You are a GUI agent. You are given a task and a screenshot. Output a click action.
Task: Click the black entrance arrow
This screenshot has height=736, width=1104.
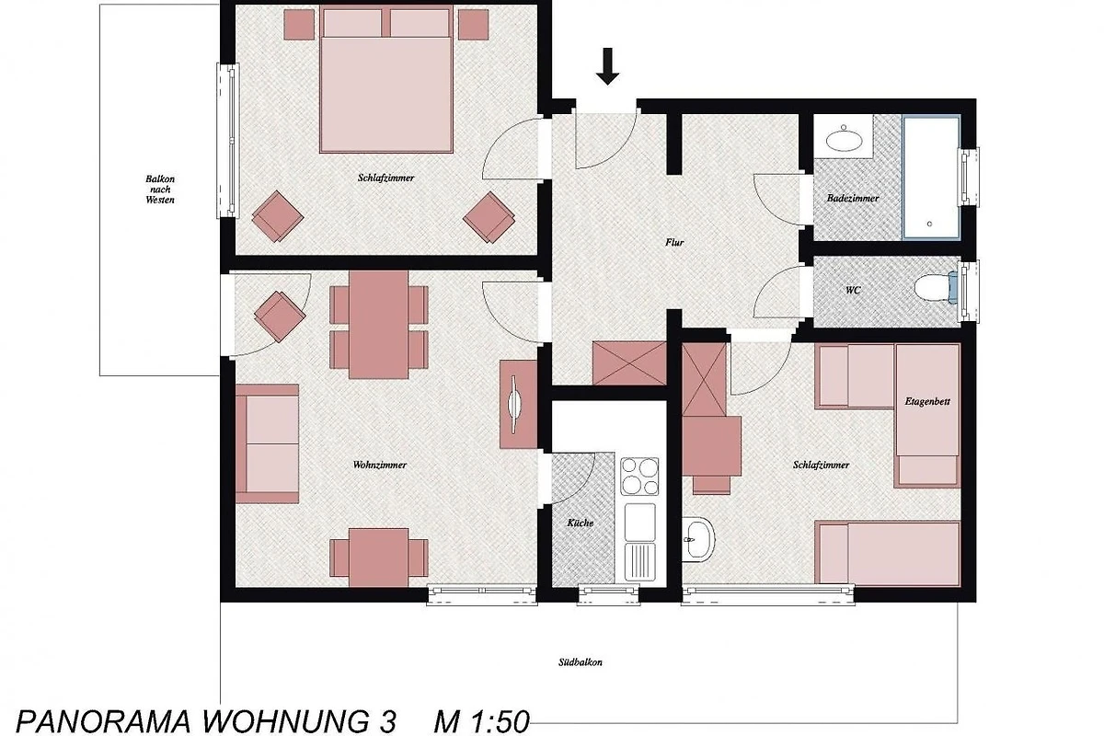pyautogui.click(x=607, y=66)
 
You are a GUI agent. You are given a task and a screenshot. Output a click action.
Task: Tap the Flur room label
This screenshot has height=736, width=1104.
pyautogui.click(x=674, y=242)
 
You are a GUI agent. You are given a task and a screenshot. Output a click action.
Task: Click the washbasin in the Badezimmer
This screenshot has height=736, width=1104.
pyautogui.click(x=844, y=140)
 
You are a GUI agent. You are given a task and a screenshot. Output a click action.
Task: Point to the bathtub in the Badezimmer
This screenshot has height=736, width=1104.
pyautogui.click(x=931, y=178)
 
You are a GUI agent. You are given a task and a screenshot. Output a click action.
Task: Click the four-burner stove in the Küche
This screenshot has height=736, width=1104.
pyautogui.click(x=639, y=477)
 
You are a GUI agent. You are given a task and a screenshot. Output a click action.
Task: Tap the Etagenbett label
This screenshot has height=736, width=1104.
pyautogui.click(x=927, y=401)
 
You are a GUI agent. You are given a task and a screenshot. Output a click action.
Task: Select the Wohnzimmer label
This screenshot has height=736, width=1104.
pyautogui.click(x=379, y=465)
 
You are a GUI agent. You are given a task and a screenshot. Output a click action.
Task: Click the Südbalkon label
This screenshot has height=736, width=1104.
pyautogui.click(x=581, y=662)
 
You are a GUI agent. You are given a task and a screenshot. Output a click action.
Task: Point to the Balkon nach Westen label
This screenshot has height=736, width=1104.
pyautogui.click(x=160, y=190)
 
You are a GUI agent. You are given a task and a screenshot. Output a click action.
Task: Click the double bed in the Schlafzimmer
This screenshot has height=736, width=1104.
pyautogui.click(x=385, y=79)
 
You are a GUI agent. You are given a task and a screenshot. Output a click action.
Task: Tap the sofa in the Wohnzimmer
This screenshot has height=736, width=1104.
pyautogui.click(x=267, y=443)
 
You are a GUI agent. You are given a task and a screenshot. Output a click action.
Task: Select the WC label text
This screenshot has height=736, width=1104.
pyautogui.click(x=853, y=291)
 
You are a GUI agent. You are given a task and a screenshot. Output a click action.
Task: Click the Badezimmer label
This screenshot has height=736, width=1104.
pyautogui.click(x=853, y=198)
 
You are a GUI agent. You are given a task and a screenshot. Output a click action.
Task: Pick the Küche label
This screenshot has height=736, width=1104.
pyautogui.click(x=581, y=523)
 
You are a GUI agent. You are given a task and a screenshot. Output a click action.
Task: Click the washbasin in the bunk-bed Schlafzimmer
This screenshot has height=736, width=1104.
pyautogui.click(x=699, y=539)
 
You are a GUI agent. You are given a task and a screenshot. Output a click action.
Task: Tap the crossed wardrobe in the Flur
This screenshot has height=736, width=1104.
pyautogui.click(x=629, y=362)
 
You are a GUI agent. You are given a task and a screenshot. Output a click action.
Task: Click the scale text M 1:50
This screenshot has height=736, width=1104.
pyautogui.click(x=481, y=721)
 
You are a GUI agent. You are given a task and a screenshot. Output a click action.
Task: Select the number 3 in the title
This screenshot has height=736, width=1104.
pyautogui.click(x=388, y=722)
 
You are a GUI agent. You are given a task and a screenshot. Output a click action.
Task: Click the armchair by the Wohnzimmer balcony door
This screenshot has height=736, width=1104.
pyautogui.click(x=279, y=316)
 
